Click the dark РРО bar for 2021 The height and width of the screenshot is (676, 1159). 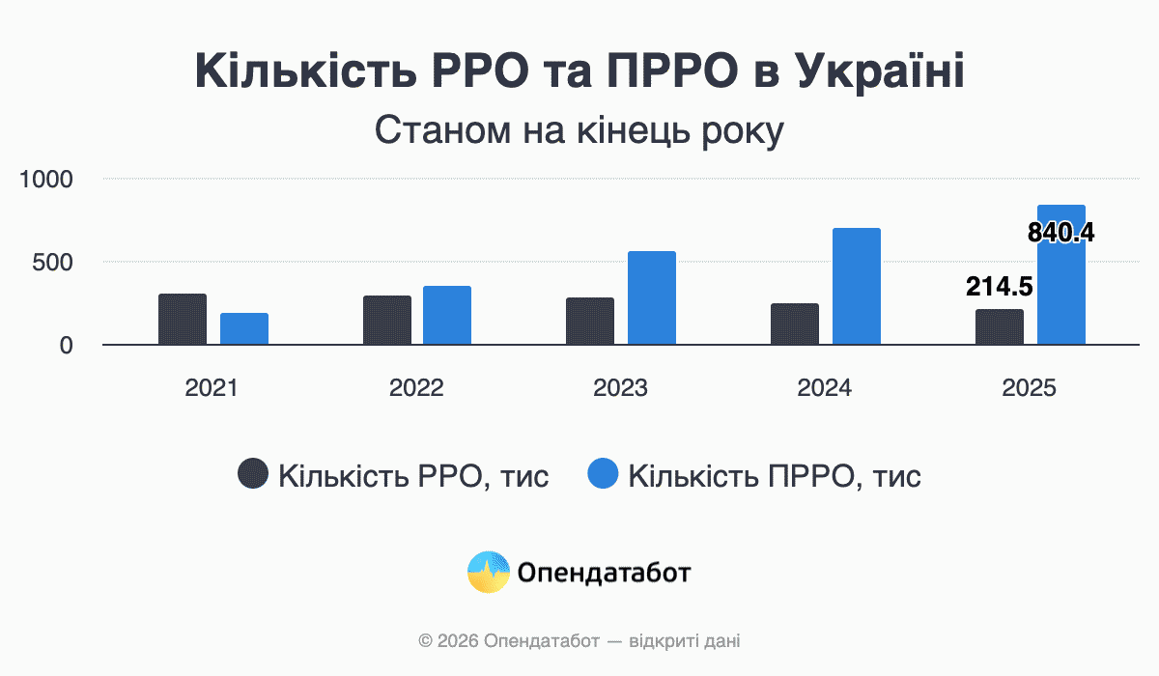pyautogui.click(x=183, y=319)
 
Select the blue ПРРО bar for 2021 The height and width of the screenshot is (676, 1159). pyautogui.click(x=244, y=328)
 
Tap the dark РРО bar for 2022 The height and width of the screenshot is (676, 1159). pyautogui.click(x=387, y=320)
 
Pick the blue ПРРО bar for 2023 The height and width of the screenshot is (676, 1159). pyautogui.click(x=652, y=297)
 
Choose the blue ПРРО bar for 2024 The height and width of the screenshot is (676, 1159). pyautogui.click(x=857, y=286)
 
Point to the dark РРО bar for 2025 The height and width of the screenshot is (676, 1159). pyautogui.click(x=1000, y=326)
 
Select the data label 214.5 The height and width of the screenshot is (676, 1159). pyautogui.click(x=1000, y=287)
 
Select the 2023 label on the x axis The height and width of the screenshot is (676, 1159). pyautogui.click(x=621, y=388)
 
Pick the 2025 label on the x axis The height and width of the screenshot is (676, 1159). pyautogui.click(x=1030, y=388)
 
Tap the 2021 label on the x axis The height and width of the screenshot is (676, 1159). pyautogui.click(x=212, y=388)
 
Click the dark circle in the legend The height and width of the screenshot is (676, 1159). pyautogui.click(x=253, y=474)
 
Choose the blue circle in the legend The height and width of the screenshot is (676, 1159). pyautogui.click(x=603, y=474)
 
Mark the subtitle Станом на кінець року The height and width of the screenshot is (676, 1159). pyautogui.click(x=579, y=130)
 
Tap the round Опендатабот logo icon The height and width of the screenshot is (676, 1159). pyautogui.click(x=488, y=573)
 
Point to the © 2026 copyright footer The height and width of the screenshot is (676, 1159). pyautogui.click(x=579, y=640)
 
